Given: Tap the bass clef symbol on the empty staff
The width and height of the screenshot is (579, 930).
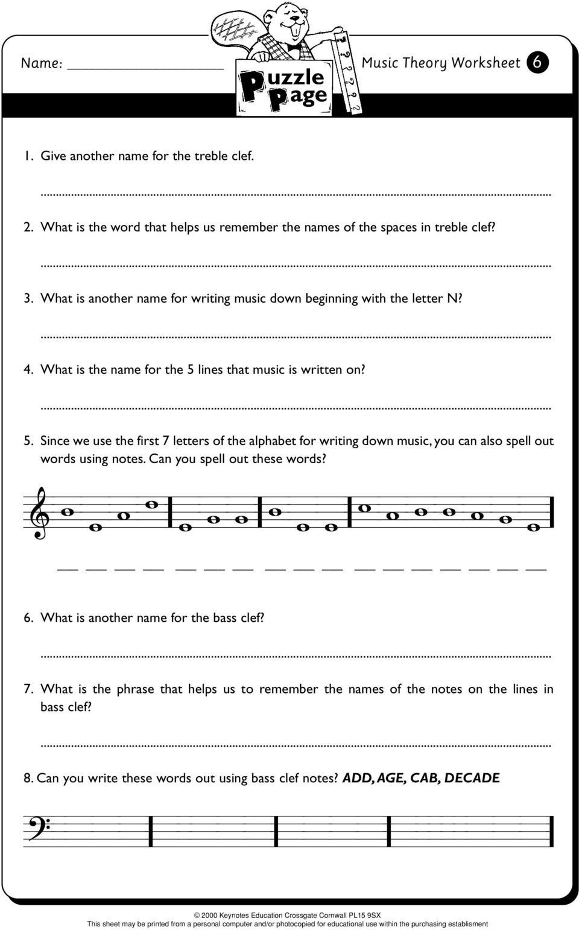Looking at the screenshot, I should click(x=37, y=828).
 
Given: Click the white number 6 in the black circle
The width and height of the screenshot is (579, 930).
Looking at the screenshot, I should click(x=537, y=63).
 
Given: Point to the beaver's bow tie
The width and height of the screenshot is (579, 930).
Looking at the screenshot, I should click(x=294, y=46).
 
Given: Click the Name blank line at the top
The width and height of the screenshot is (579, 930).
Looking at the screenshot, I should click(x=145, y=68).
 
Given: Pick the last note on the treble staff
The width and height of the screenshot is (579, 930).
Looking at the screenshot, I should click(x=532, y=527).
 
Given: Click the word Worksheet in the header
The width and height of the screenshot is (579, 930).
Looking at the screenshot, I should click(x=486, y=63).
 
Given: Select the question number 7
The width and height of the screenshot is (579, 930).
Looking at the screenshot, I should click(x=28, y=689).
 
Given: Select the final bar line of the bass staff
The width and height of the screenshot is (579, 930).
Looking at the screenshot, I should click(x=551, y=831).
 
